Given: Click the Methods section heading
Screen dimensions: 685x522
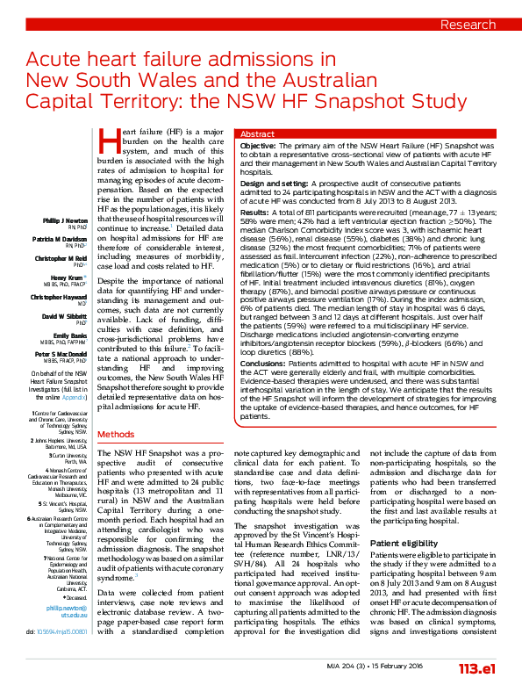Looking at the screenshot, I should tap(116, 435).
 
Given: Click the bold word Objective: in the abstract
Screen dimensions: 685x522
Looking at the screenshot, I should tap(258, 145).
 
